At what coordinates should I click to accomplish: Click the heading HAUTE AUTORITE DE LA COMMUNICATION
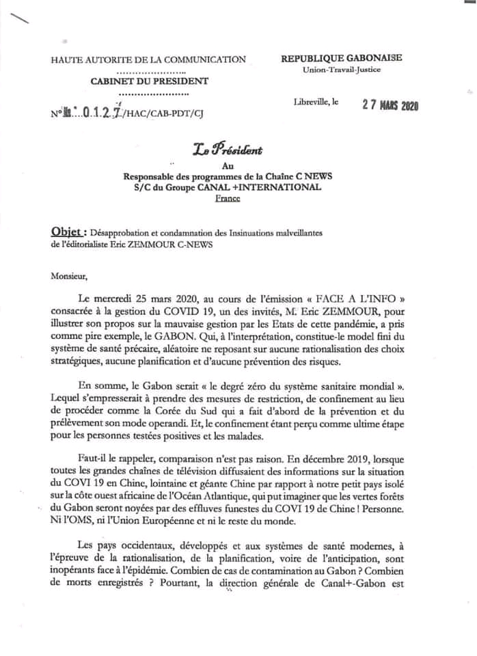click(148, 59)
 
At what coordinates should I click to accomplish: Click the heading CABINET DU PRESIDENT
click(150, 82)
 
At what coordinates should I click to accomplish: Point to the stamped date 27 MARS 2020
click(390, 105)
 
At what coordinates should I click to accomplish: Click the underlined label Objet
click(69, 232)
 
